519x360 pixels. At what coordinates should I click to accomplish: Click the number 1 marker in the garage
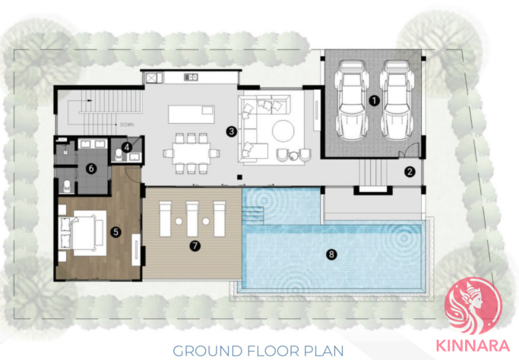pyautogui.click(x=374, y=100)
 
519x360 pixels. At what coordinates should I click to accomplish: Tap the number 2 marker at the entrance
pyautogui.click(x=410, y=172)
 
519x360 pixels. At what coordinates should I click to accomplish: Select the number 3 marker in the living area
pyautogui.click(x=231, y=131)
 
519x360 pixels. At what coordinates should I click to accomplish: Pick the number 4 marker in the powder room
pyautogui.click(x=126, y=147)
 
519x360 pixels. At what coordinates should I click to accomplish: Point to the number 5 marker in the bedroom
pyautogui.click(x=116, y=232)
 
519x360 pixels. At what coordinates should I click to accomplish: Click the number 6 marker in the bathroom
pyautogui.click(x=91, y=169)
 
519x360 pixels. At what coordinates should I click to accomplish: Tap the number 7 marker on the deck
pyautogui.click(x=195, y=245)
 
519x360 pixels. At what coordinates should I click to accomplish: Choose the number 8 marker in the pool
pyautogui.click(x=331, y=254)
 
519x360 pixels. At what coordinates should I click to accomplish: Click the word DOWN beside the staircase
pyautogui.click(x=127, y=125)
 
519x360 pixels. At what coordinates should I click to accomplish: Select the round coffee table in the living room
pyautogui.click(x=283, y=131)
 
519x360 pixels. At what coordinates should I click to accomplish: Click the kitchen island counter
pyautogui.click(x=191, y=114)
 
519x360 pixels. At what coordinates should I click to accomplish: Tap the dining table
pyautogui.click(x=191, y=153)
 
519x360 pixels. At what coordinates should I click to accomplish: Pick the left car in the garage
pyautogui.click(x=352, y=99)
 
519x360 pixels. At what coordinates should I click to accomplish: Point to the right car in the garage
pyautogui.click(x=397, y=99)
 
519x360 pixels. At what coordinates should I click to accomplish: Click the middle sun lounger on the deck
pyautogui.click(x=192, y=219)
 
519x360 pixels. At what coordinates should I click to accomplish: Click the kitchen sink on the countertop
pyautogui.click(x=191, y=77)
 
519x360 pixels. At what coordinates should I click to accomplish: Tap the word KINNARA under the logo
pyautogui.click(x=473, y=346)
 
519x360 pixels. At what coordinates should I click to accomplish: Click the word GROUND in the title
pyautogui.click(x=207, y=351)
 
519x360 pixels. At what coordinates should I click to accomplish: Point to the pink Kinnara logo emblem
pyautogui.click(x=473, y=306)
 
